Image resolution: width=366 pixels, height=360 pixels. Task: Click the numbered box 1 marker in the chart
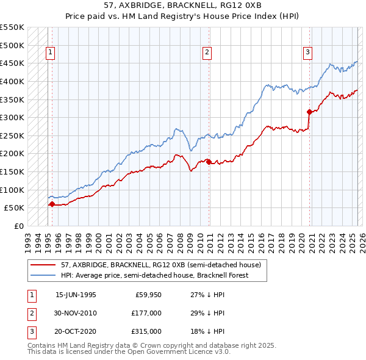(x=50, y=53)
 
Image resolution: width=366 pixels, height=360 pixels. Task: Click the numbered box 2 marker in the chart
(x=207, y=53)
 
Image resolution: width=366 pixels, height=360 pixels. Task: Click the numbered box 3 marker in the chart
(x=308, y=53)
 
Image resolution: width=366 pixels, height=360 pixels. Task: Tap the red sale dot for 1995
(x=52, y=204)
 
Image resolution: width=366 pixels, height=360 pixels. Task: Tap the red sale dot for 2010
(x=209, y=162)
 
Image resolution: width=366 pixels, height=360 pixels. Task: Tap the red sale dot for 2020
(x=309, y=112)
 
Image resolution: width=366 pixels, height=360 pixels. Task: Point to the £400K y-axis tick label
(x=12, y=81)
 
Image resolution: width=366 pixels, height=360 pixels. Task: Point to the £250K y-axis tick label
(x=12, y=135)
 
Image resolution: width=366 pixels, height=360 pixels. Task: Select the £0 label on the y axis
(x=18, y=226)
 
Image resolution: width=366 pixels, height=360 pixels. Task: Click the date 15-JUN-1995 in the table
(x=76, y=295)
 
